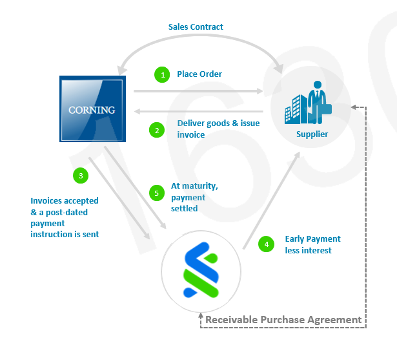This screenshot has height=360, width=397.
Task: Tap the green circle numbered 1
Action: point(162,75)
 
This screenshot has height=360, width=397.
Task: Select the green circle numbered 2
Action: point(156,130)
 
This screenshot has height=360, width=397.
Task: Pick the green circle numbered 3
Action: point(80,175)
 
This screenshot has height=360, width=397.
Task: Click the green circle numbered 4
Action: point(265,244)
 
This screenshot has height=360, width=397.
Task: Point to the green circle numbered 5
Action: point(156,193)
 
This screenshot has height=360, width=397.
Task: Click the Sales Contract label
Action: point(196,27)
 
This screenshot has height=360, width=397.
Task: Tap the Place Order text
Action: point(199,74)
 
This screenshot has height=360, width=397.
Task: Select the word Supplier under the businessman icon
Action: point(312,134)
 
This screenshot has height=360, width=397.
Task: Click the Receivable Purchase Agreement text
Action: point(283,319)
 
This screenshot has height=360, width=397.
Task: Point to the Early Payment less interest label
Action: point(312,244)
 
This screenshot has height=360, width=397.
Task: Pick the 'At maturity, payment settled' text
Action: point(194,197)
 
